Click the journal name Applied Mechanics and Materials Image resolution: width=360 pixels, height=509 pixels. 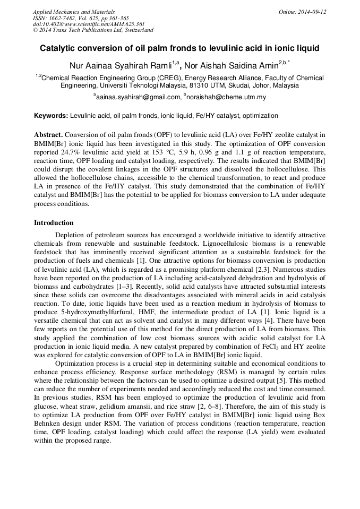coord(74,12)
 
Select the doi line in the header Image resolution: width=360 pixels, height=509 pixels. coord(89,24)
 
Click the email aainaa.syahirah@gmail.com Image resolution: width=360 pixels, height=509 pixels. coord(138,97)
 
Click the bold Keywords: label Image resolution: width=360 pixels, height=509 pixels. coord(51,116)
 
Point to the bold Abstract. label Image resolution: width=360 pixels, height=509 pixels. coord(48,135)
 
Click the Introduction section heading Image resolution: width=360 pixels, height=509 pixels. coord(54,222)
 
